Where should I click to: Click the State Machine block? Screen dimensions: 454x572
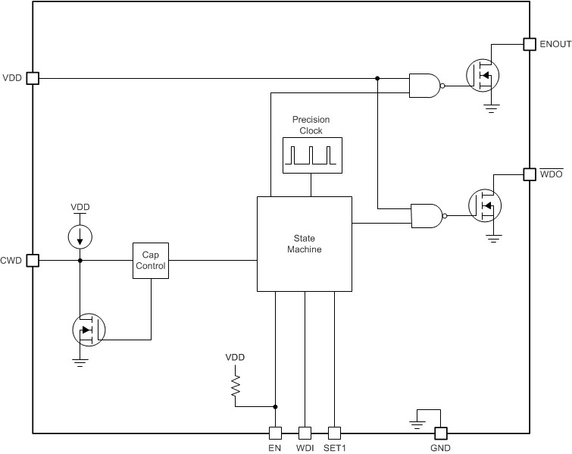[304, 244]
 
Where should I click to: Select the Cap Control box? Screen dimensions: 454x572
[149, 261]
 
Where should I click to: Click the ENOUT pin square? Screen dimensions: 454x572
[530, 45]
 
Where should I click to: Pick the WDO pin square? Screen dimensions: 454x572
[530, 174]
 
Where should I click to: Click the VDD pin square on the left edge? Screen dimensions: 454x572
[32, 77]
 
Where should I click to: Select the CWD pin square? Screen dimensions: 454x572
[32, 261]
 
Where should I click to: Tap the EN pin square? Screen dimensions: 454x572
[275, 434]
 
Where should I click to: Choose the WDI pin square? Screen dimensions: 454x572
[305, 434]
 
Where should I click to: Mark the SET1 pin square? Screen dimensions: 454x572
[335, 434]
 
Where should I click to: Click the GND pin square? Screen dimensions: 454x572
[439, 434]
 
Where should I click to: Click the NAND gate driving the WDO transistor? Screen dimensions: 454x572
[425, 216]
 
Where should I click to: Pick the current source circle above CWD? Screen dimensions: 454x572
[80, 237]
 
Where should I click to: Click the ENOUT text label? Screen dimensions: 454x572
[555, 45]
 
